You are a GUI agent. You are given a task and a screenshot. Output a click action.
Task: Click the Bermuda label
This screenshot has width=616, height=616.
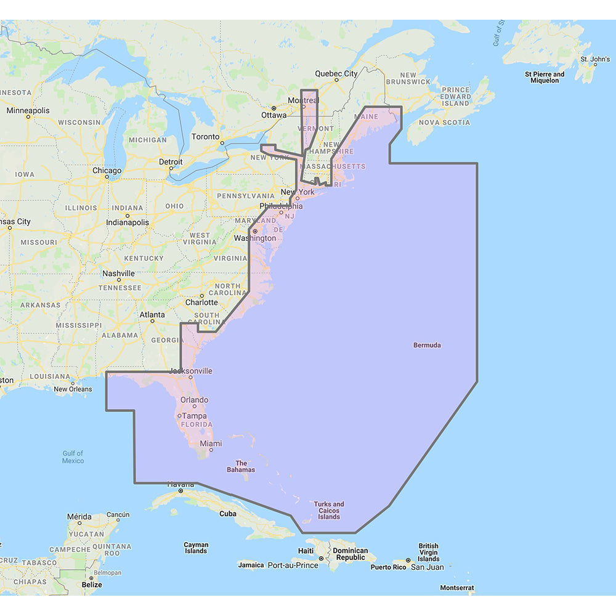pyautogui.click(x=427, y=345)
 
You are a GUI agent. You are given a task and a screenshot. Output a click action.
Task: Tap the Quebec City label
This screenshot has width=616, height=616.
pyautogui.click(x=336, y=73)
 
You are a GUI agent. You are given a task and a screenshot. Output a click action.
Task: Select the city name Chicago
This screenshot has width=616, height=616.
pyautogui.click(x=107, y=171)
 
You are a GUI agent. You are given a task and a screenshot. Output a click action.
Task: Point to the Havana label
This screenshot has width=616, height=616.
pyautogui.click(x=182, y=484)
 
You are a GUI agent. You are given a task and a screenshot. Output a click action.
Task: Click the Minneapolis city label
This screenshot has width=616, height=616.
pyautogui.click(x=28, y=110)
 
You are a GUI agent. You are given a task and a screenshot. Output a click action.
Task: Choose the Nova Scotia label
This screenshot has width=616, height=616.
pyautogui.click(x=444, y=123)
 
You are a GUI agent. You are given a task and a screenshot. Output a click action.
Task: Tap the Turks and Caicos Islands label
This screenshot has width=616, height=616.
pyautogui.click(x=329, y=510)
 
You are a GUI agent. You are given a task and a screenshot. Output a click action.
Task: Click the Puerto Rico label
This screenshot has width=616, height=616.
pyautogui.click(x=388, y=567)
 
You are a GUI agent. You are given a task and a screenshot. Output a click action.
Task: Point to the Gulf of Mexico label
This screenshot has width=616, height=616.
pyautogui.click(x=73, y=457)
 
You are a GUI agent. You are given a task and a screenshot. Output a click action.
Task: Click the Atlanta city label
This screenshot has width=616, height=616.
pyautogui.click(x=152, y=315)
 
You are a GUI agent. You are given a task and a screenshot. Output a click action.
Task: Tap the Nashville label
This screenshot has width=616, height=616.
pyautogui.click(x=119, y=274)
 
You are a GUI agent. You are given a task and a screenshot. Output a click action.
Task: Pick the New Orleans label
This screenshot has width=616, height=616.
pyautogui.click(x=73, y=389)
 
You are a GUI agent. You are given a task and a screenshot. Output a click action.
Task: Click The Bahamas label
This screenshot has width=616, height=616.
pyautogui.click(x=241, y=466)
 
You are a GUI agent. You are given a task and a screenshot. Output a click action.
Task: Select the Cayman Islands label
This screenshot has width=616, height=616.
pyautogui.click(x=196, y=548)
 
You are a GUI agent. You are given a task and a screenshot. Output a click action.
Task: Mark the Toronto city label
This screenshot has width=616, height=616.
pyautogui.click(x=205, y=137)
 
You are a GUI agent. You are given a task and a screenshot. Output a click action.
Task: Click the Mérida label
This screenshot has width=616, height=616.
pyautogui.click(x=79, y=517)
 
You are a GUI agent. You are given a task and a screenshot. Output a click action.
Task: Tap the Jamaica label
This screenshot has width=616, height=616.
pyautogui.click(x=251, y=565)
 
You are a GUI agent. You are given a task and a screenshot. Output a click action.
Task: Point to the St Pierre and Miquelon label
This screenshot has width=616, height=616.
pyautogui.click(x=545, y=77)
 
